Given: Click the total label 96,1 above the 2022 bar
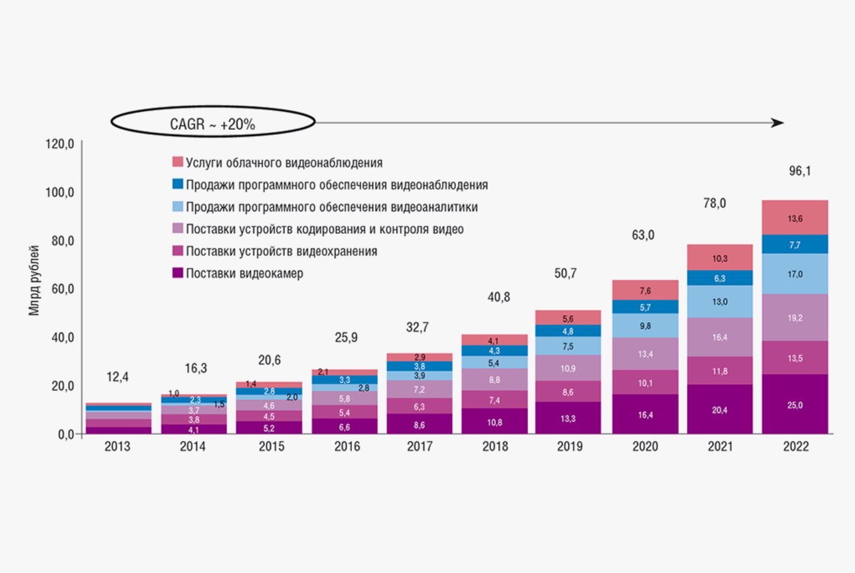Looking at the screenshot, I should click(799, 171).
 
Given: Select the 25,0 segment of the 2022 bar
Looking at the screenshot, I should click(795, 405).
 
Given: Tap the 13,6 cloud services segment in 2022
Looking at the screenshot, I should click(795, 218).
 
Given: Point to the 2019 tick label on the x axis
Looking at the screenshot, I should click(569, 447).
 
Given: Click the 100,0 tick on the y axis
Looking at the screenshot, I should click(59, 192).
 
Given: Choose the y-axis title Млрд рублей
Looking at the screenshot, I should click(35, 280).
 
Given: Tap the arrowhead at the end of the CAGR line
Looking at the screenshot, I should click(777, 123).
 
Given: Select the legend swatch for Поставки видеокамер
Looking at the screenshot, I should click(178, 274).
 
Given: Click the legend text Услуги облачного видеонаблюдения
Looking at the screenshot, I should click(284, 163).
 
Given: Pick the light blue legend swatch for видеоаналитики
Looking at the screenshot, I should click(178, 206).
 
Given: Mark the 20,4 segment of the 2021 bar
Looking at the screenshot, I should click(720, 410).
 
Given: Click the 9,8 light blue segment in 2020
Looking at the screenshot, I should click(645, 326).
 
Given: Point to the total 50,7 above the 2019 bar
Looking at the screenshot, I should click(565, 274).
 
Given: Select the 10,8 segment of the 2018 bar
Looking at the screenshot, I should click(494, 422).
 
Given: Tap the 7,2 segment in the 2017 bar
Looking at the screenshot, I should click(419, 389).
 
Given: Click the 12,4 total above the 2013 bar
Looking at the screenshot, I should click(117, 377).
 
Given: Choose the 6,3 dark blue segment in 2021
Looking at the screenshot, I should click(720, 278).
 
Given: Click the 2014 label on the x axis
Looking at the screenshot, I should click(192, 447).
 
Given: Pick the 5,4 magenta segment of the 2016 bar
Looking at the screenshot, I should click(344, 412).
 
